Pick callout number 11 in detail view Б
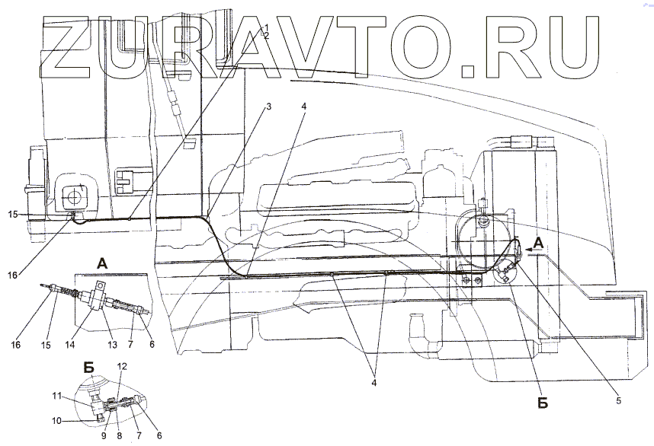(x=56, y=395)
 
